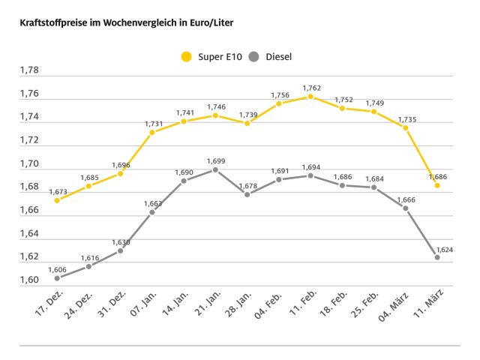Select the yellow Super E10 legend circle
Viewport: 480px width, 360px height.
click(x=186, y=56)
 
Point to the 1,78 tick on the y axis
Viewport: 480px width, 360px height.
click(x=29, y=70)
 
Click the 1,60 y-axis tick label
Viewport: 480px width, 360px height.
click(x=29, y=280)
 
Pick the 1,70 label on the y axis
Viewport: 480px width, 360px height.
click(x=29, y=163)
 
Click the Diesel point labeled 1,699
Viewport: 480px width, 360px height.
click(x=215, y=169)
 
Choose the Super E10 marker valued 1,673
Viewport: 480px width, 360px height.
click(x=57, y=200)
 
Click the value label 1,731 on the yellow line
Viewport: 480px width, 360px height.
click(x=152, y=123)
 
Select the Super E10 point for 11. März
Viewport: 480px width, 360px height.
click(x=437, y=185)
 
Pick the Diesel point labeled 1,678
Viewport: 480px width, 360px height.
click(x=247, y=193)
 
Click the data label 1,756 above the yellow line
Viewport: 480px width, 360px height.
click(x=279, y=94)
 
